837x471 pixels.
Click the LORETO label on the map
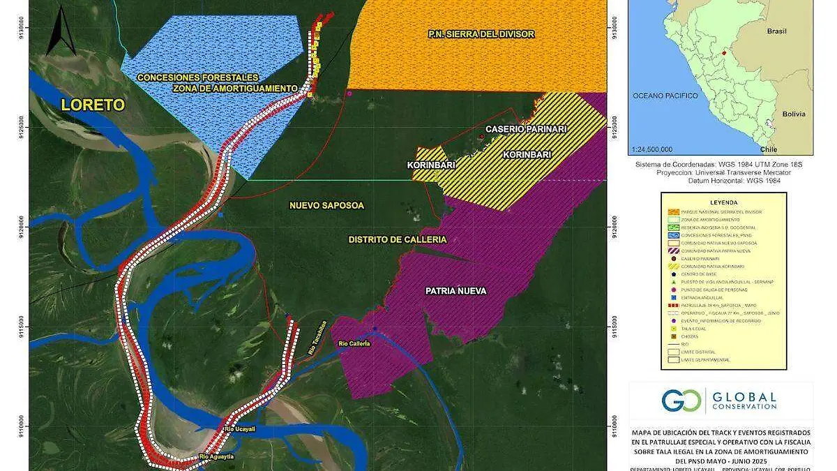pyautogui.click(x=92, y=105)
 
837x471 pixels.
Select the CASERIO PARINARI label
pyautogui.click(x=526, y=129)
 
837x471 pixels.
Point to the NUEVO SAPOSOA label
pyautogui.click(x=326, y=205)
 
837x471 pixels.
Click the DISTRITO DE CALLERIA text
pyautogui.click(x=397, y=239)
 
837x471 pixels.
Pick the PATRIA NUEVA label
pyautogui.click(x=455, y=290)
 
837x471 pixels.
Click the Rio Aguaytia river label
pyautogui.click(x=216, y=456)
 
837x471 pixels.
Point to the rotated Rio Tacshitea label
pyautogui.click(x=317, y=342)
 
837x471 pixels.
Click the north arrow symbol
pyautogui.click(x=61, y=31)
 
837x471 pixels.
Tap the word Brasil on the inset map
pyautogui.click(x=776, y=31)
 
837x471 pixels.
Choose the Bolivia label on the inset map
pyautogui.click(x=793, y=114)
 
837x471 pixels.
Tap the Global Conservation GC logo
pyautogui.click(x=673, y=401)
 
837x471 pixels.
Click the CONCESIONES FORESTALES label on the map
pyautogui.click(x=197, y=77)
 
